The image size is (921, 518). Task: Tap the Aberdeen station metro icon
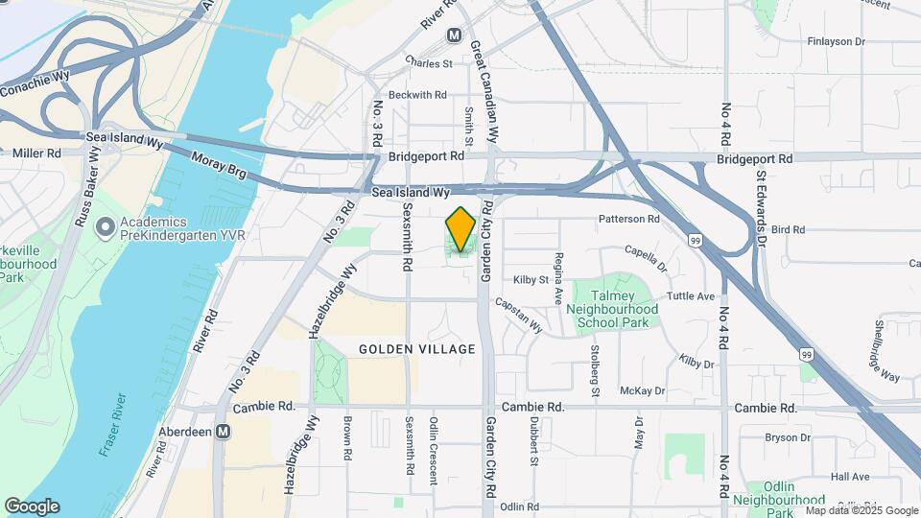[x=223, y=433]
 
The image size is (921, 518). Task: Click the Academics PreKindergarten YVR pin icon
[x=105, y=228]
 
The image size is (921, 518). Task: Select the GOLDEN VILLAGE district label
[x=417, y=349]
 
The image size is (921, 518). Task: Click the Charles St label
[x=429, y=63]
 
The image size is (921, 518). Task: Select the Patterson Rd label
[x=629, y=220]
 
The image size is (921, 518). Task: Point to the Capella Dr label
[x=645, y=257]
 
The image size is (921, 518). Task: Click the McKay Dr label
[x=643, y=390]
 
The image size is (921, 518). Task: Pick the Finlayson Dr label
[x=836, y=41]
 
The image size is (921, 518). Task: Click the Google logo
[x=32, y=506]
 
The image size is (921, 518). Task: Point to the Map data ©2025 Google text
[x=862, y=510]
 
